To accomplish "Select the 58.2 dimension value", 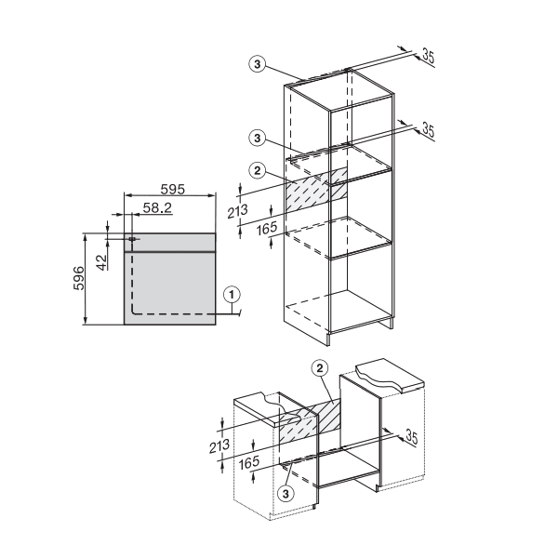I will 153,210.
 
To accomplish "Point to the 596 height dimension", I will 80,279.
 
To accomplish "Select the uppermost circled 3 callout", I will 258,64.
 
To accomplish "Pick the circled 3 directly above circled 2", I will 258,139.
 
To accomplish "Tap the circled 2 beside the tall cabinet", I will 258,169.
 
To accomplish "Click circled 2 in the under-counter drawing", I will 321,369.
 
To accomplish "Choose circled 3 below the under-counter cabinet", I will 286,492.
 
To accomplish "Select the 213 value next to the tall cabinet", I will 240,211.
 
